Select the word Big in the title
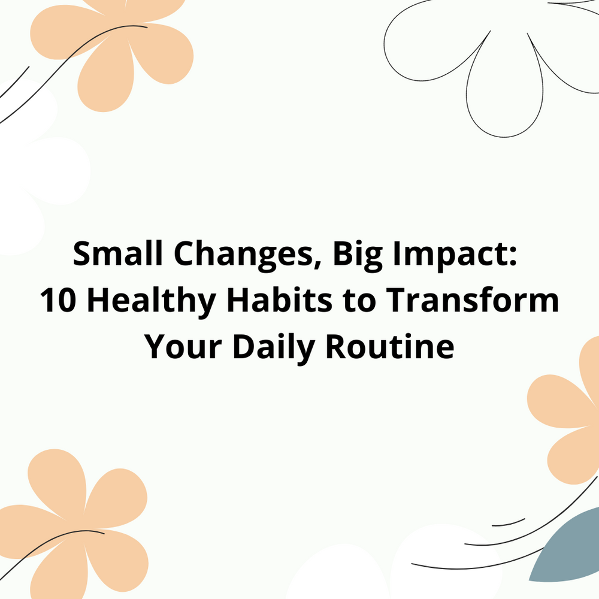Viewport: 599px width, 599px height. coord(358,256)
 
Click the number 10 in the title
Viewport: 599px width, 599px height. coord(58,300)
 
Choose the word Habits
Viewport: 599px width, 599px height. coord(279,299)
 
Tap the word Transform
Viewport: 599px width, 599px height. coord(472,299)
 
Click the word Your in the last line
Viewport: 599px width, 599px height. coord(183,347)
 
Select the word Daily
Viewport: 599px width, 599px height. coord(274,349)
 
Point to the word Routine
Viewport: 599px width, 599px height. coord(390,346)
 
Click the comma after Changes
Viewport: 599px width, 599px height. coord(317,265)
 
